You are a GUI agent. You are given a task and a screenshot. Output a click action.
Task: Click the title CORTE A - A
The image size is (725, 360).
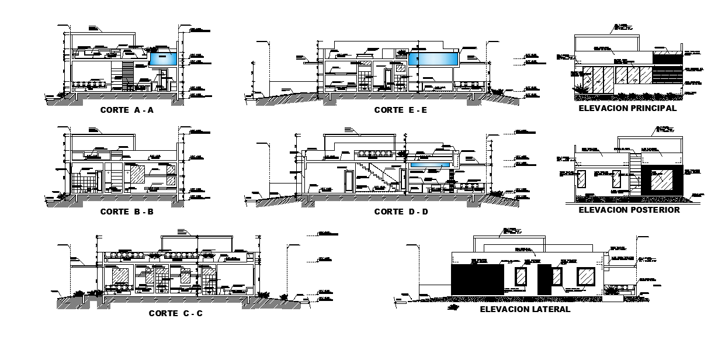click(127, 109)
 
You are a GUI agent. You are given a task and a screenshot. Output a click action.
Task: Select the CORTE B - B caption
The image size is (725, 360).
click(127, 212)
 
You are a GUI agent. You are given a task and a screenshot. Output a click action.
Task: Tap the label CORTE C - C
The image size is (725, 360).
click(176, 313)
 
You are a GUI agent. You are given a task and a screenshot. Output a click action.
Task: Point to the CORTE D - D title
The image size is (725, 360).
click(401, 212)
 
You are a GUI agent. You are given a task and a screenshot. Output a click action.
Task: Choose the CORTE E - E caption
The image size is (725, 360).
click(401, 109)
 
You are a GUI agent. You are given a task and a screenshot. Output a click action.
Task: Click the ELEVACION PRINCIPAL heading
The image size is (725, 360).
click(627, 108)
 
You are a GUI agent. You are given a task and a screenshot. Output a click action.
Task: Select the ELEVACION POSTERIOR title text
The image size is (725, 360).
click(629, 210)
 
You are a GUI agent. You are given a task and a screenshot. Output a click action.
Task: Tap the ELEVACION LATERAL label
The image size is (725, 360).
click(525, 309)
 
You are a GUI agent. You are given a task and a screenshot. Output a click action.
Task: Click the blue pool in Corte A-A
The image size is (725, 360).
click(163, 59)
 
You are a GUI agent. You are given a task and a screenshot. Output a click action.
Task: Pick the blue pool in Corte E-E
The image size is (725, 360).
click(432, 59)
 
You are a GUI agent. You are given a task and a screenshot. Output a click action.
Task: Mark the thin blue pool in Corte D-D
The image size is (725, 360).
click(430, 166)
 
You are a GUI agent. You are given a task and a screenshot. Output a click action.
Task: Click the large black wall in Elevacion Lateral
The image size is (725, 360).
click(477, 280)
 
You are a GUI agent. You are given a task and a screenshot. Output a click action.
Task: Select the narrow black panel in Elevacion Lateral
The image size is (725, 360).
click(544, 279)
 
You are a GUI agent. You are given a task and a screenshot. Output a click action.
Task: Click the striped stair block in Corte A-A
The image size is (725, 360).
click(127, 76)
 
